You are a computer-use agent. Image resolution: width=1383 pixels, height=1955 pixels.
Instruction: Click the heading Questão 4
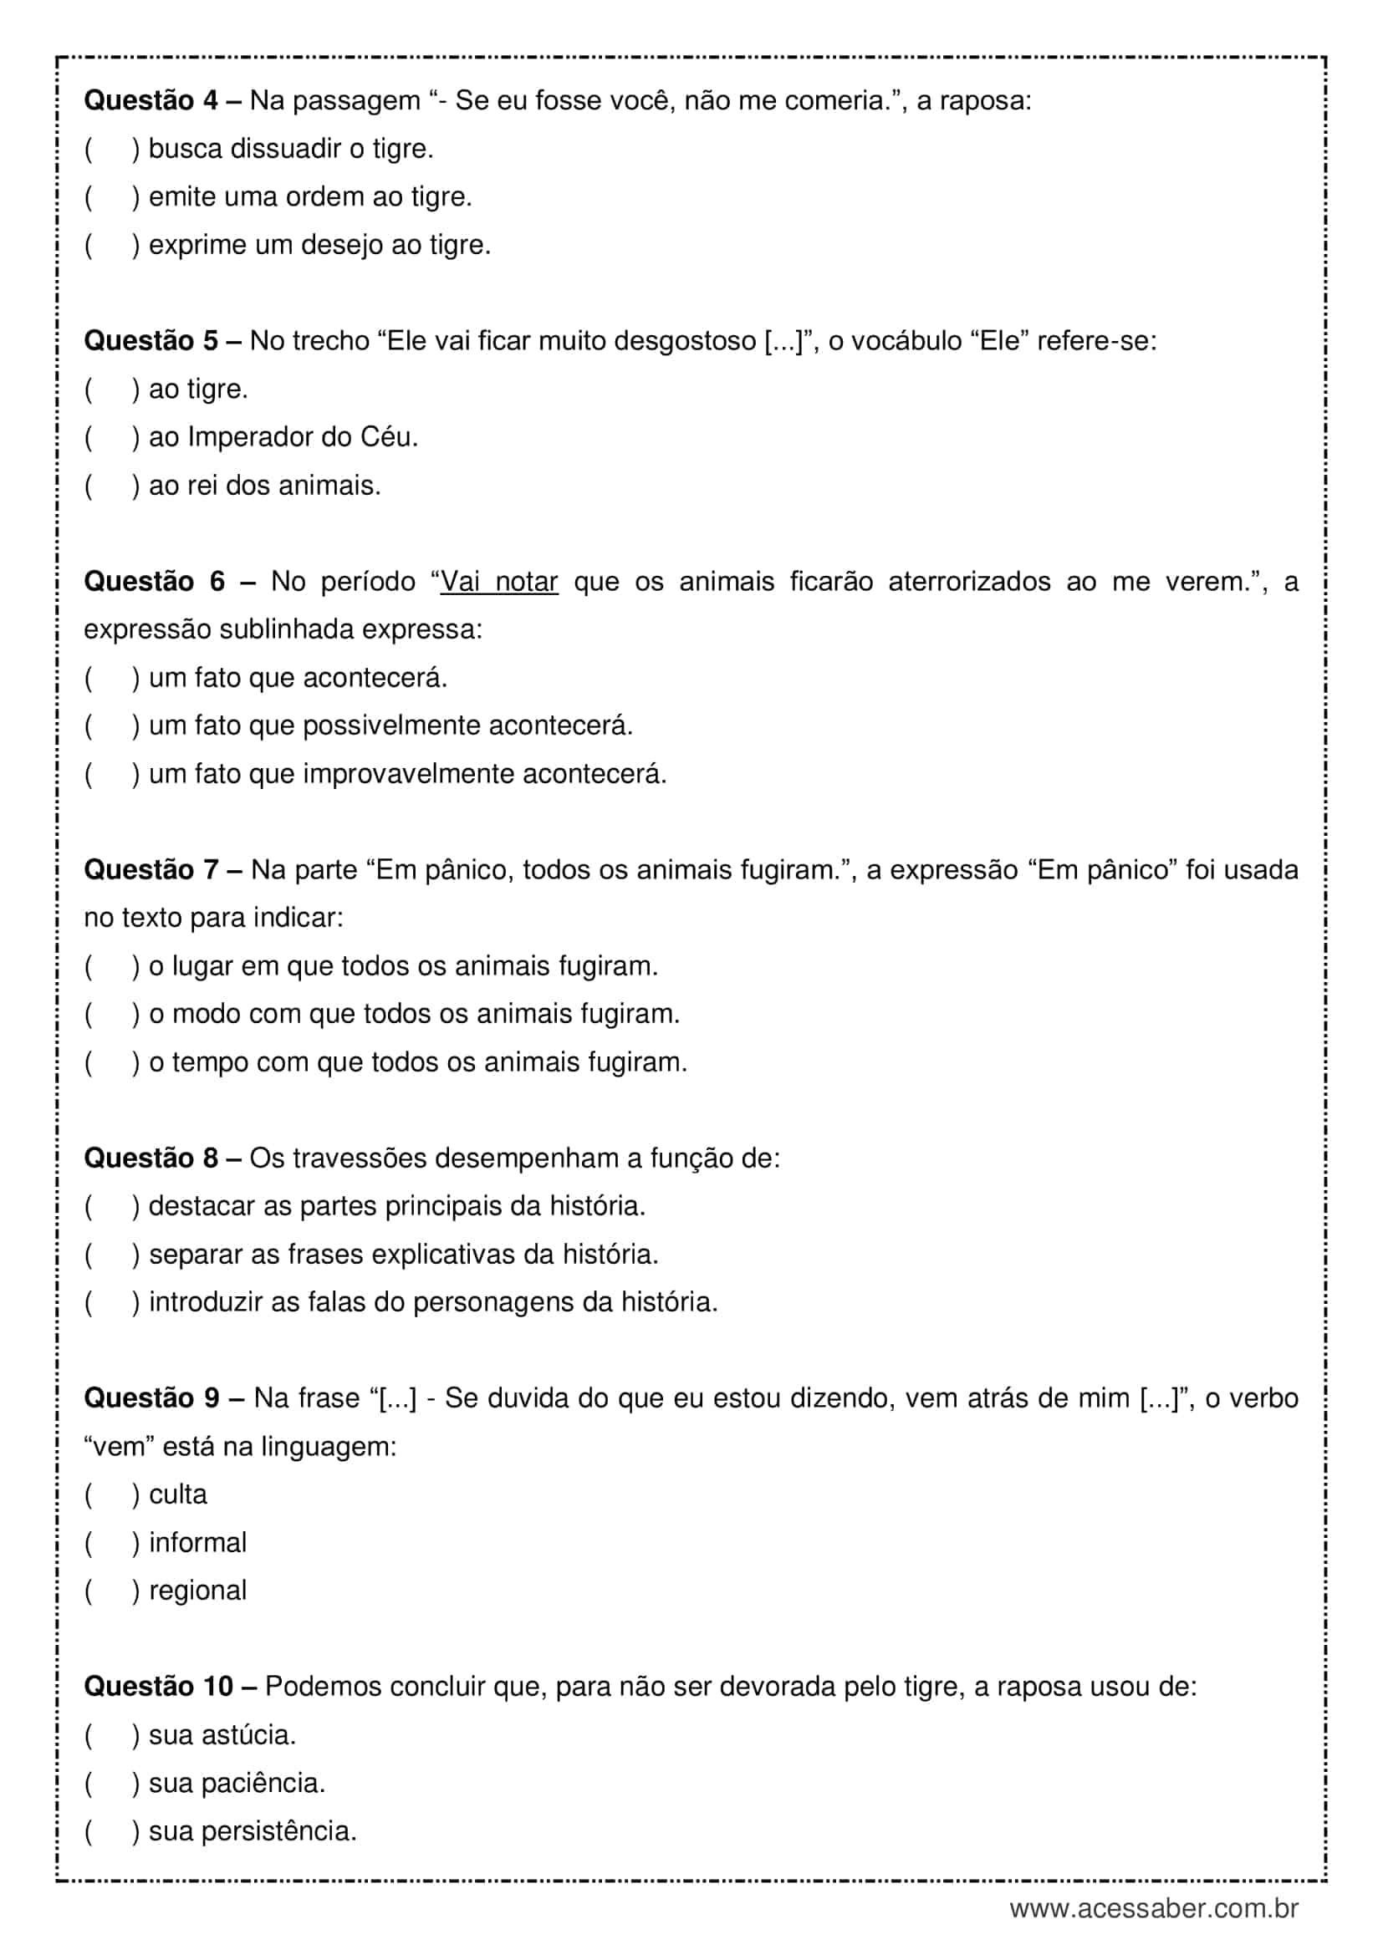coord(151,100)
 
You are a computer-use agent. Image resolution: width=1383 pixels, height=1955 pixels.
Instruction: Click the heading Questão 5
coord(151,340)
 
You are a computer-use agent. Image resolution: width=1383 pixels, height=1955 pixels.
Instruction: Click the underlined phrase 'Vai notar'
coord(499,582)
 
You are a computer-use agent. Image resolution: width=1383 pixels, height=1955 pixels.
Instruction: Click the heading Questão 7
coord(151,869)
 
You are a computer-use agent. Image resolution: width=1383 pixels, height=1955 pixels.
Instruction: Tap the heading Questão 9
coord(151,1398)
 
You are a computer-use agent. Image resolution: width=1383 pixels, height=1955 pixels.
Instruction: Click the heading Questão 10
coord(158,1686)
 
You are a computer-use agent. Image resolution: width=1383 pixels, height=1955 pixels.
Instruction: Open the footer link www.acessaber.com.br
coord(1154,1909)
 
